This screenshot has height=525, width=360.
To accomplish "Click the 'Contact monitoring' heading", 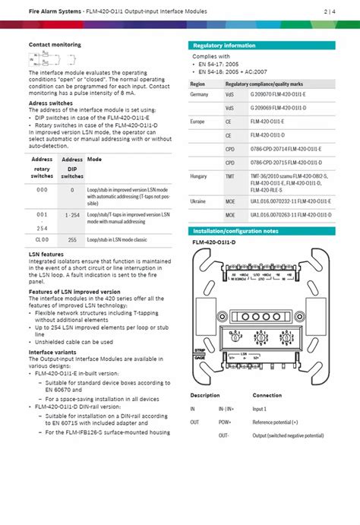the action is point(55,45).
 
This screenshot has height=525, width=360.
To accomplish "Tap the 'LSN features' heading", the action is point(46,255).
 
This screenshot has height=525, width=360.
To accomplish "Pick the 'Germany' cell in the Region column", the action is point(199,93).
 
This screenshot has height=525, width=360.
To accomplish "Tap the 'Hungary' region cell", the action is point(199,176).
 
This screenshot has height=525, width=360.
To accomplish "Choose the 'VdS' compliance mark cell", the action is point(230,93).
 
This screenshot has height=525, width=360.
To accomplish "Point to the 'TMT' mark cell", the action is point(230,176).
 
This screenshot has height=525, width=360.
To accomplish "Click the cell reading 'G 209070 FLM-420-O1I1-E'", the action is point(278,93).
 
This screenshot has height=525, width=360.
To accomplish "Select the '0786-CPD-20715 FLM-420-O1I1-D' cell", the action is point(286,163).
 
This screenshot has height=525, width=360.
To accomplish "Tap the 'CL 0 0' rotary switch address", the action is point(42,239).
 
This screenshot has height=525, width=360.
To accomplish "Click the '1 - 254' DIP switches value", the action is point(72,216).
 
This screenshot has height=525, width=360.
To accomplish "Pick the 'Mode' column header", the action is point(95,160).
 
